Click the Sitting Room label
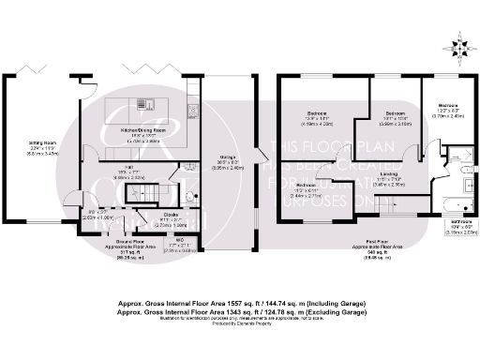pos(43,148)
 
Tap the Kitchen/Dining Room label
pos(142,132)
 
